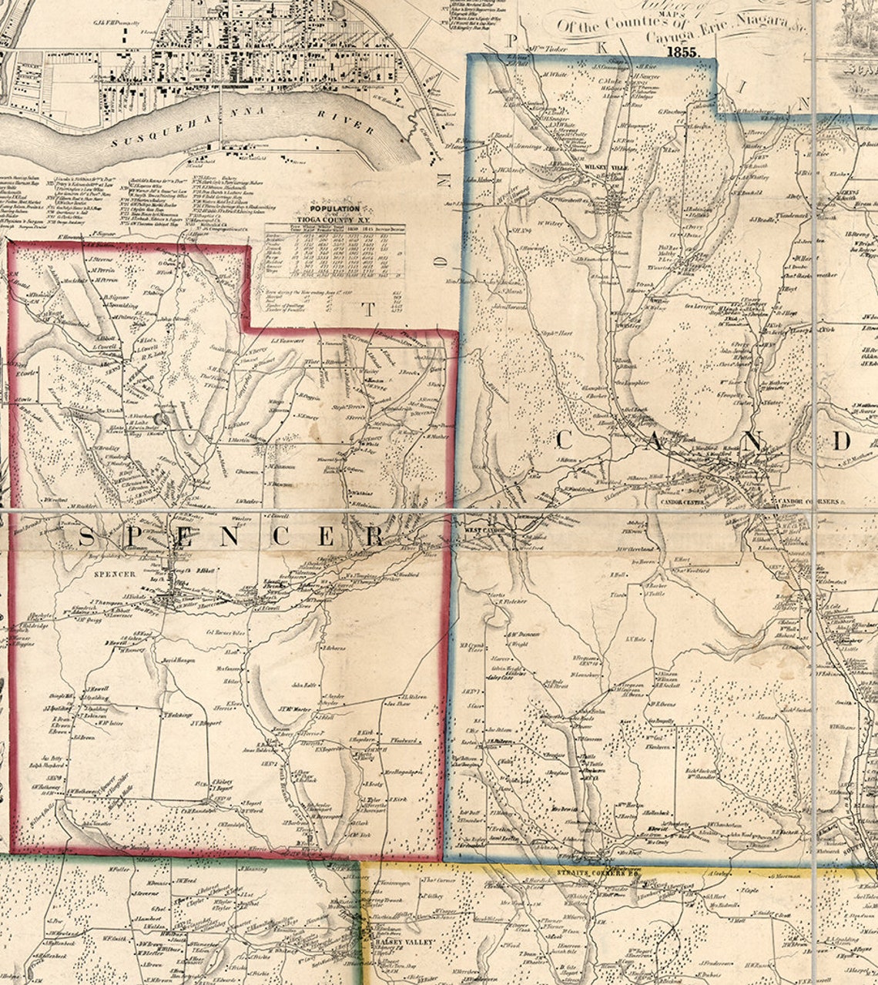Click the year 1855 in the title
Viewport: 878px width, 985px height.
coord(682,52)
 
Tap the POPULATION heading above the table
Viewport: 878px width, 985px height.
coord(334,209)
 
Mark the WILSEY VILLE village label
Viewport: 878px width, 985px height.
coord(602,166)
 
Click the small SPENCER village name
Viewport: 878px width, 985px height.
coord(114,575)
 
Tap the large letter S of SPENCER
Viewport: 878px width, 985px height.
coord(86,537)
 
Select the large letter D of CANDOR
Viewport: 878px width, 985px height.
coord(843,442)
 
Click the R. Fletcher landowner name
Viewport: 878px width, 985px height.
coord(511,600)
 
